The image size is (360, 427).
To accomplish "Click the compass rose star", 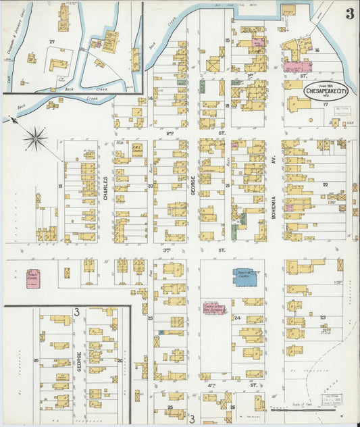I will tap(36, 140).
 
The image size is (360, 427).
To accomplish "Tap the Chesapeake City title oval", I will tap(328, 91).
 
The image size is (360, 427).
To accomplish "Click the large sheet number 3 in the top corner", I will tap(349, 14).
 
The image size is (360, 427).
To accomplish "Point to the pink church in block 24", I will tap(214, 308).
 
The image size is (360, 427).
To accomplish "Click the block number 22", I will tap(325, 184).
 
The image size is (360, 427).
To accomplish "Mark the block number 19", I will tap(60, 186).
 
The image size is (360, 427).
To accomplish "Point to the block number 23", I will tap(323, 317).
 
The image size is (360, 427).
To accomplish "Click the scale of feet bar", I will tap(297, 409).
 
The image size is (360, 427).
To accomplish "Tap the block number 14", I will tap(151, 99).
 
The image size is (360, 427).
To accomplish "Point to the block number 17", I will tap(325, 105).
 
